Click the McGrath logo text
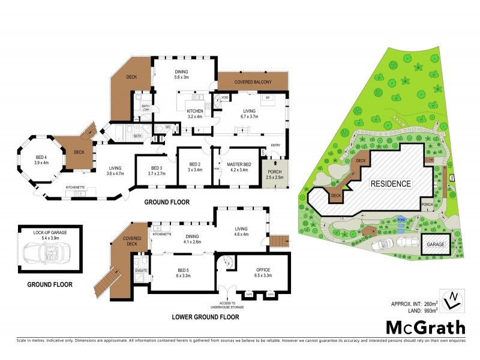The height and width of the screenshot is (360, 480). click(425, 328)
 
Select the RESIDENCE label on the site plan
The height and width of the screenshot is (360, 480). click(390, 184)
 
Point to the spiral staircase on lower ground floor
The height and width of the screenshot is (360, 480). click(226, 262)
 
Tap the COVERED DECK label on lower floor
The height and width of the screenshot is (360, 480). click(132, 241)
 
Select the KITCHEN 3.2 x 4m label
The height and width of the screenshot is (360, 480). click(196, 114)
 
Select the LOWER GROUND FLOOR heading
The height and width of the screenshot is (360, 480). click(205, 316)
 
